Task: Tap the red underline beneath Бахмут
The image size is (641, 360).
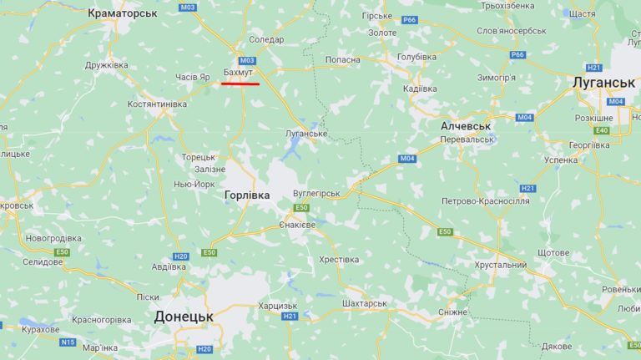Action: (x=240, y=84)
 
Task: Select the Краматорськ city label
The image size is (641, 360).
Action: (x=123, y=13)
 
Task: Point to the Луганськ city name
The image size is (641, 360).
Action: (x=604, y=83)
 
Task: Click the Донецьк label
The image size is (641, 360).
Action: (x=184, y=317)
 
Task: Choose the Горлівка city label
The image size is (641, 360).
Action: (x=248, y=195)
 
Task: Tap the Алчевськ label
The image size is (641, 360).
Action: (x=465, y=125)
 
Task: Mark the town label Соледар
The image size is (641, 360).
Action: (x=266, y=39)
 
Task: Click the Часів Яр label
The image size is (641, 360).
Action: (x=193, y=77)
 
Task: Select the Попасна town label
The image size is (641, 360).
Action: (x=342, y=59)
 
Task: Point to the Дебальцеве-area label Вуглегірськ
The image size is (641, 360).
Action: (x=316, y=193)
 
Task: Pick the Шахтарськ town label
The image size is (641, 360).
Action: (x=365, y=303)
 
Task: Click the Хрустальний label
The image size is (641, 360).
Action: (x=500, y=265)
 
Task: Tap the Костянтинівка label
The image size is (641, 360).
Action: (x=157, y=104)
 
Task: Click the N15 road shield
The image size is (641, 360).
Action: (x=68, y=342)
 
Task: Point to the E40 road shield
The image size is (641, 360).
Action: (x=602, y=130)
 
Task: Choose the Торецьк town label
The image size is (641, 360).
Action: (x=199, y=157)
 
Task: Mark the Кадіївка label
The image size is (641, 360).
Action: (x=420, y=89)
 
